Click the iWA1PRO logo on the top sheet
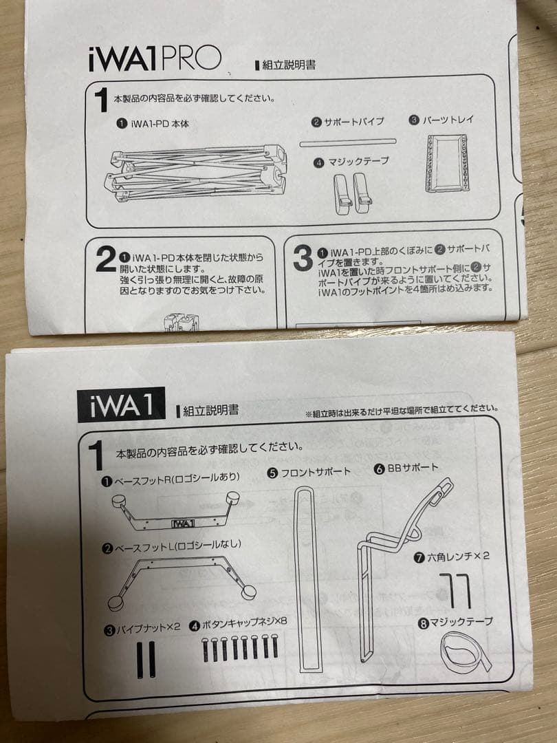click(155, 59)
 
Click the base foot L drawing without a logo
click(180, 578)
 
